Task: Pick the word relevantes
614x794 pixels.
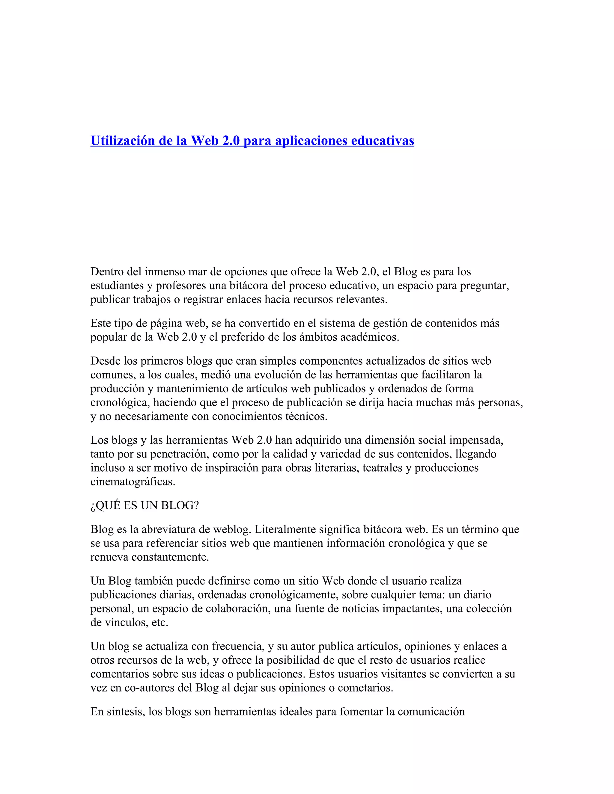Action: click(362, 299)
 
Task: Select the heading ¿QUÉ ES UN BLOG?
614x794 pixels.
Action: click(145, 505)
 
